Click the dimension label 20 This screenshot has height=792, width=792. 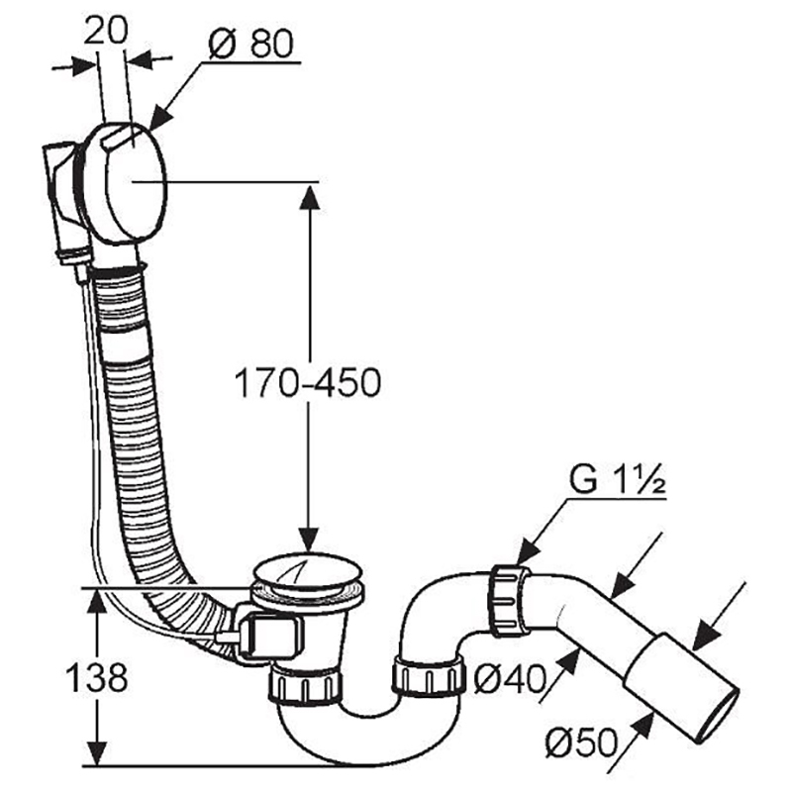point(106,32)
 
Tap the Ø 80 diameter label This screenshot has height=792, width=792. point(250,43)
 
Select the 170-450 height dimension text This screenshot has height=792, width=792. point(308,382)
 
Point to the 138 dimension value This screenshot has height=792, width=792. point(97,677)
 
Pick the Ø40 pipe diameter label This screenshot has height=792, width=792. point(510,678)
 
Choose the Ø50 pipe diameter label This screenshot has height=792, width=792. point(582,742)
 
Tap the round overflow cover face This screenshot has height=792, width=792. point(136,181)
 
